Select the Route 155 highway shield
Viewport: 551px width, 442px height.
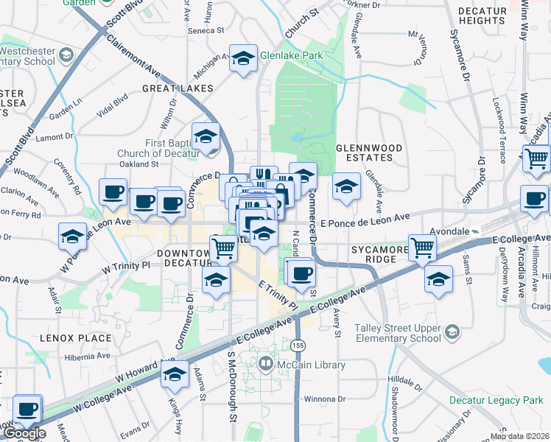click(x=298, y=345)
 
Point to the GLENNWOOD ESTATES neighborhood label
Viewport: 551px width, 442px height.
click(x=369, y=152)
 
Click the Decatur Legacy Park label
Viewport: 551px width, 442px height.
click(x=496, y=401)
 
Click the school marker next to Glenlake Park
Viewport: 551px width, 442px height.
click(x=243, y=59)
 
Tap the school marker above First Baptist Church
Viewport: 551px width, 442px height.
click(x=206, y=136)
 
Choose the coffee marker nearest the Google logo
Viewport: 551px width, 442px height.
click(x=27, y=409)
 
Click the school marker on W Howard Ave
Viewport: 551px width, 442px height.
click(x=175, y=376)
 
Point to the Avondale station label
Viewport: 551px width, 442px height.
click(x=451, y=231)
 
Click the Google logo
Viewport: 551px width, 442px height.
click(x=24, y=434)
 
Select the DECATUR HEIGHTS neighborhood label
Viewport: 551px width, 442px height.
click(x=481, y=15)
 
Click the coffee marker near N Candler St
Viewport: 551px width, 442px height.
click(x=299, y=274)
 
